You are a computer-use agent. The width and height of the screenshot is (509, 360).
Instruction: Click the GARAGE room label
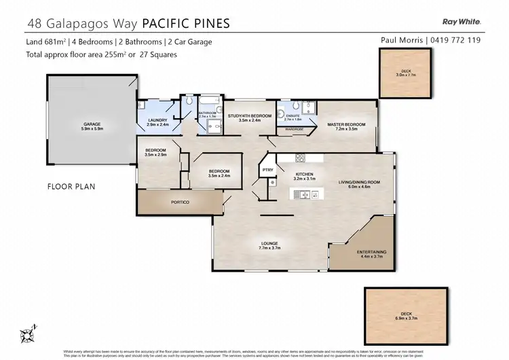92,124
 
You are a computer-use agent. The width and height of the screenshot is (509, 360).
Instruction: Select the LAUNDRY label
157,120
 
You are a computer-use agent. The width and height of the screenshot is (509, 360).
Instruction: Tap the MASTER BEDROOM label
347,124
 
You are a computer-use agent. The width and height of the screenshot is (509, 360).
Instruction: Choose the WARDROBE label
294,128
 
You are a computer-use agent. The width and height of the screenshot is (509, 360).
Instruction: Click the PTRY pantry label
267,170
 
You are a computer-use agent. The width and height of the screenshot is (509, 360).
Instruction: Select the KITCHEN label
303,175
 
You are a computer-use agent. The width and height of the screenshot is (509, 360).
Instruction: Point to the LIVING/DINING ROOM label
360,181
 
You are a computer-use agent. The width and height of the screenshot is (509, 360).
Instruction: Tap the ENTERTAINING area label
371,252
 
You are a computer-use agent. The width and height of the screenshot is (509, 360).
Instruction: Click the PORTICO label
180,202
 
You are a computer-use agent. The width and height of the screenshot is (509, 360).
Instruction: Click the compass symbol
27,335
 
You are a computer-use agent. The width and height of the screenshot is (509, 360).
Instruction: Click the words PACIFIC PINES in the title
185,23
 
